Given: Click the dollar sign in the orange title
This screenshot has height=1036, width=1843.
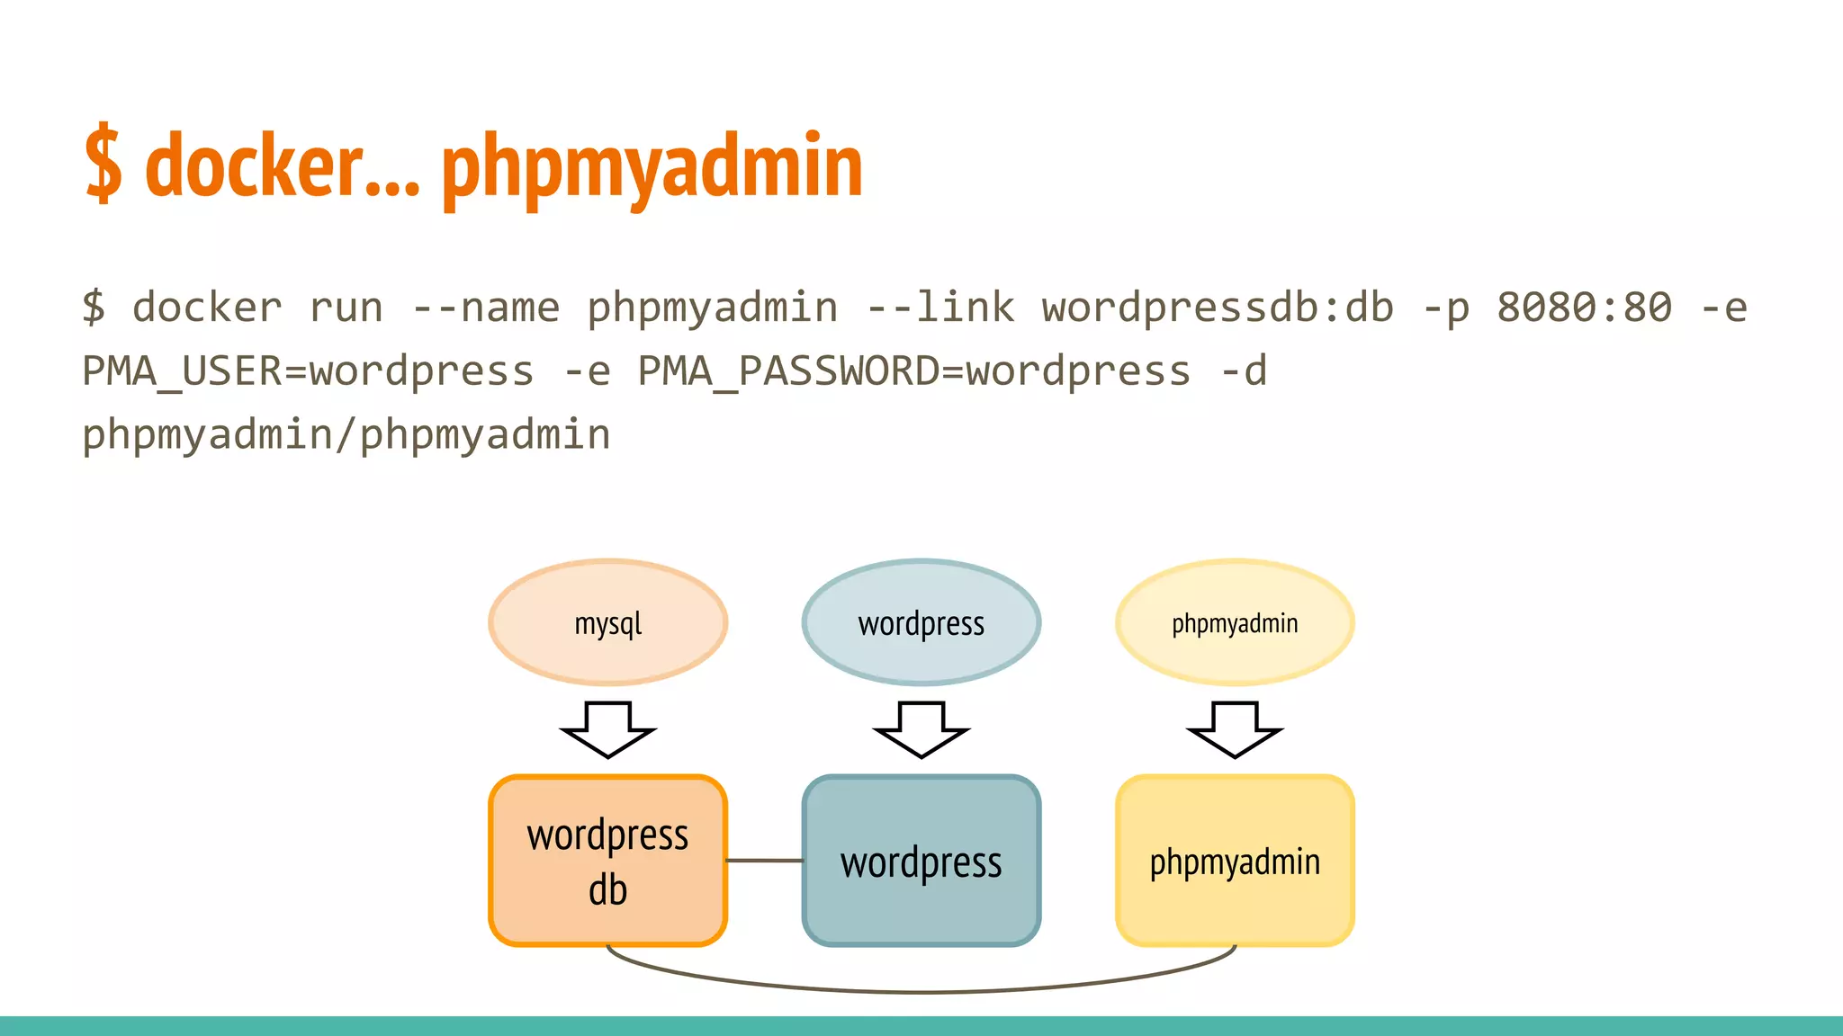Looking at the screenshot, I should pos(103,165).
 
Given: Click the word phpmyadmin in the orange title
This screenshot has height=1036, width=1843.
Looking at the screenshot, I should pos(652,167).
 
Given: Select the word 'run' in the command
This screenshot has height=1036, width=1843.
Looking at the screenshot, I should pos(346,308).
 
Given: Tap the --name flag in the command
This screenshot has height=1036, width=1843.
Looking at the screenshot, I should pos(486,308).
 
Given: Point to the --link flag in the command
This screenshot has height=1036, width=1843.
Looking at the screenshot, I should pos(940,308).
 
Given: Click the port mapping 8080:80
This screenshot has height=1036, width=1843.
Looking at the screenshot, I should pos(1584,308).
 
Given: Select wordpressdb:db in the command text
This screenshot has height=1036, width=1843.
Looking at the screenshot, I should pos(1218,308).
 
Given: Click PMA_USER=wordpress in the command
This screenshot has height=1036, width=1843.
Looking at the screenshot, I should pos(308,371).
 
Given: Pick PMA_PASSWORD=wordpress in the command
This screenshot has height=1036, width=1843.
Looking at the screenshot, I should pos(913,371).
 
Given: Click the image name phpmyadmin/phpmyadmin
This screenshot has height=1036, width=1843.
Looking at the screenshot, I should pos(346,435).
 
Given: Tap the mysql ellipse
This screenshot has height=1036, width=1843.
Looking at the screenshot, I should pos(608,622).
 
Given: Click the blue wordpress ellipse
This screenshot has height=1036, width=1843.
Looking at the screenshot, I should pos(921,622).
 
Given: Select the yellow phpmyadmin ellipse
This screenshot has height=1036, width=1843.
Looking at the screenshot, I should pos(1235,622).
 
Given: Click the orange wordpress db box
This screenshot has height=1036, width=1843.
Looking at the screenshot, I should pos(608,861).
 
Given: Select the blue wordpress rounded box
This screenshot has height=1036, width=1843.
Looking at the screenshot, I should pos(921,861).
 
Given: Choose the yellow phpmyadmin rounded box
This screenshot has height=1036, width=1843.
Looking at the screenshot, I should pos(1235,861).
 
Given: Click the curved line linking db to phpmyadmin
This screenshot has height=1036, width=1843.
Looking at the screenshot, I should pos(921,991).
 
